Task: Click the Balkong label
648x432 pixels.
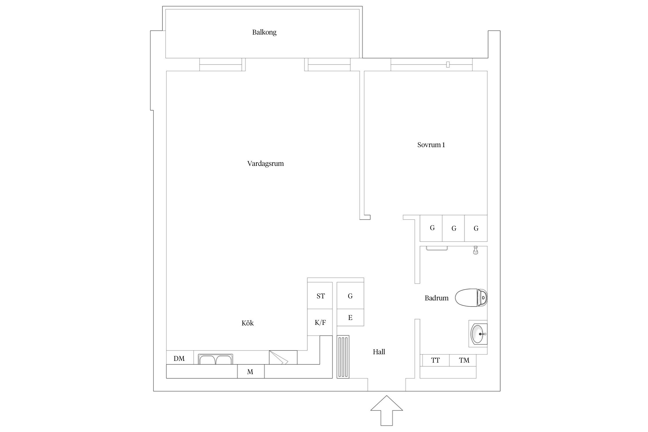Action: (264, 32)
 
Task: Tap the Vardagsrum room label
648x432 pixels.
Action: (265, 164)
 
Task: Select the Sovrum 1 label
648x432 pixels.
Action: (431, 145)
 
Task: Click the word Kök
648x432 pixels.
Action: (247, 323)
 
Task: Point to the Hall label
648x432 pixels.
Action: (379, 352)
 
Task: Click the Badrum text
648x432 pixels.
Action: (436, 298)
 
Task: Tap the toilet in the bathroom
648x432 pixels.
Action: (471, 298)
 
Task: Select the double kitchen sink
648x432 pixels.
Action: (215, 360)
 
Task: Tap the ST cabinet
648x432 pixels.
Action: (320, 296)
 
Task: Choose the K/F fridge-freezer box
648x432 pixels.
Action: (320, 323)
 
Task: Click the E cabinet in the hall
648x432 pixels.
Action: (350, 318)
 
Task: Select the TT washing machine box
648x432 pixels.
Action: (435, 360)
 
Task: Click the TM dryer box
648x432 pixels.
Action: (464, 360)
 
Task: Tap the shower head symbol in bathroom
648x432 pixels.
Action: (475, 250)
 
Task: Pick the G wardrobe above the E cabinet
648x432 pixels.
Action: (350, 296)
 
